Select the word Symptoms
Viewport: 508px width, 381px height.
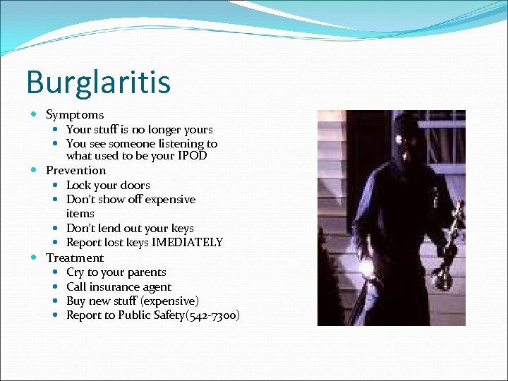(75, 114)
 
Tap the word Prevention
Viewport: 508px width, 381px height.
(75, 170)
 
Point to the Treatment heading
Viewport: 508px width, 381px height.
(75, 258)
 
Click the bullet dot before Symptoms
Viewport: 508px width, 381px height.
(35, 114)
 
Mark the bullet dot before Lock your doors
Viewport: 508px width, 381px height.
(56, 185)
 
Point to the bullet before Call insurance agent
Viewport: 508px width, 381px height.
(56, 286)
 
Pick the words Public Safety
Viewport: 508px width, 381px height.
(150, 315)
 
